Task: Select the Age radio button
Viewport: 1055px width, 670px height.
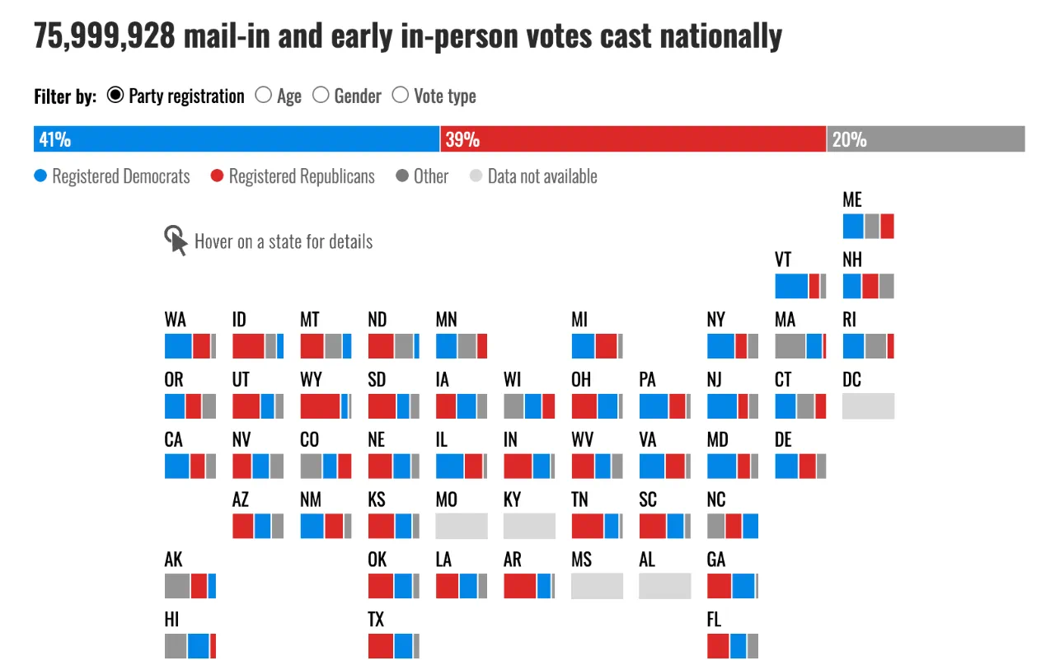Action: pyautogui.click(x=264, y=96)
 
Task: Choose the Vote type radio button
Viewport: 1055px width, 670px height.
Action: pyautogui.click(x=401, y=96)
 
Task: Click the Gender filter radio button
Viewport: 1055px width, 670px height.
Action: pyautogui.click(x=321, y=96)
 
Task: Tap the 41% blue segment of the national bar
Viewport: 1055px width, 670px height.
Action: pyautogui.click(x=237, y=139)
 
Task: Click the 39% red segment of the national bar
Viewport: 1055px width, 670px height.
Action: pyautogui.click(x=633, y=139)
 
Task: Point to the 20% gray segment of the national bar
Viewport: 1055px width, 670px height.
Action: pyautogui.click(x=926, y=139)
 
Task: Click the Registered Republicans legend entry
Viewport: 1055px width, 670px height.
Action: pyautogui.click(x=293, y=176)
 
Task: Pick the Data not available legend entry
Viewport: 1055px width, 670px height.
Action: pyautogui.click(x=533, y=176)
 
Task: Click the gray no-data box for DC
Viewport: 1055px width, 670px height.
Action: pyautogui.click(x=868, y=406)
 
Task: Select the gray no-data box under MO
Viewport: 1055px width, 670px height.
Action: pyautogui.click(x=462, y=526)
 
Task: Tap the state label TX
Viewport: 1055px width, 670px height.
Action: pyautogui.click(x=376, y=620)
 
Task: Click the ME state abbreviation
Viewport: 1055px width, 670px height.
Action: pyautogui.click(x=852, y=200)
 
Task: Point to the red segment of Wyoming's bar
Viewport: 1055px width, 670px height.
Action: pyautogui.click(x=321, y=406)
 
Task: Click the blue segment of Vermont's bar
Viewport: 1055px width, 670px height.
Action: pyautogui.click(x=791, y=286)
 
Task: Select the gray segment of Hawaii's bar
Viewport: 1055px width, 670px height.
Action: pyautogui.click(x=176, y=646)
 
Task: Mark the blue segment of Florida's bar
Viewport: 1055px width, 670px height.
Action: pyautogui.click(x=738, y=646)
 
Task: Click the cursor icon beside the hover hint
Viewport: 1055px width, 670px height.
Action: pyautogui.click(x=176, y=241)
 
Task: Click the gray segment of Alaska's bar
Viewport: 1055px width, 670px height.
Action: pyautogui.click(x=177, y=586)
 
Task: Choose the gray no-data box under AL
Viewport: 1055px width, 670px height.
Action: pyautogui.click(x=664, y=586)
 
